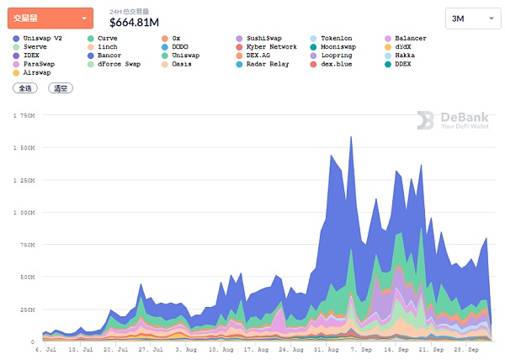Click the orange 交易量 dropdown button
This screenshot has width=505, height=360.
point(50,18)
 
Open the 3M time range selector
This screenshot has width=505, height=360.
point(470,18)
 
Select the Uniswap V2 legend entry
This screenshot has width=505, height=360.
point(39,39)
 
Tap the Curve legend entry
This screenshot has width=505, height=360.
point(107,39)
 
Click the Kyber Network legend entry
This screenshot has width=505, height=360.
point(270,47)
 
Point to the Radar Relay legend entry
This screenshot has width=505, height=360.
point(268,64)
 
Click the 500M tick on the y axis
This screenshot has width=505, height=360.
point(24,277)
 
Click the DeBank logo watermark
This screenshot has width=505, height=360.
point(454,121)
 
